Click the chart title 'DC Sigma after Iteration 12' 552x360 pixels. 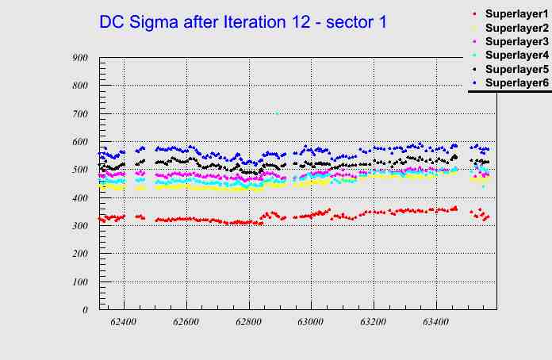pos(243,22)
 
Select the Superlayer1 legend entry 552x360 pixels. pos(516,13)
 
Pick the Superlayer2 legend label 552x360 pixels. pos(516,28)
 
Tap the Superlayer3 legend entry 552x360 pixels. pos(516,41)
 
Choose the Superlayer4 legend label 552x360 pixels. pos(516,55)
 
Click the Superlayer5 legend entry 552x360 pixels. pos(516,69)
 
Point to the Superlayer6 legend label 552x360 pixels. pos(516,82)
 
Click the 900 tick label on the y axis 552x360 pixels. pos(79,58)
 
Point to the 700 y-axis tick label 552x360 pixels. pos(79,114)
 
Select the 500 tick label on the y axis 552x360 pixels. pos(79,170)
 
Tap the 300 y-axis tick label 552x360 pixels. pos(79,226)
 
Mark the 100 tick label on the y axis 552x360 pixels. pos(79,282)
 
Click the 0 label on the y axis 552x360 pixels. pos(85,310)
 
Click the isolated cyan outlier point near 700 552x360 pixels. pos(276,113)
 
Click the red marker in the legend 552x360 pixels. pos(474,13)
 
